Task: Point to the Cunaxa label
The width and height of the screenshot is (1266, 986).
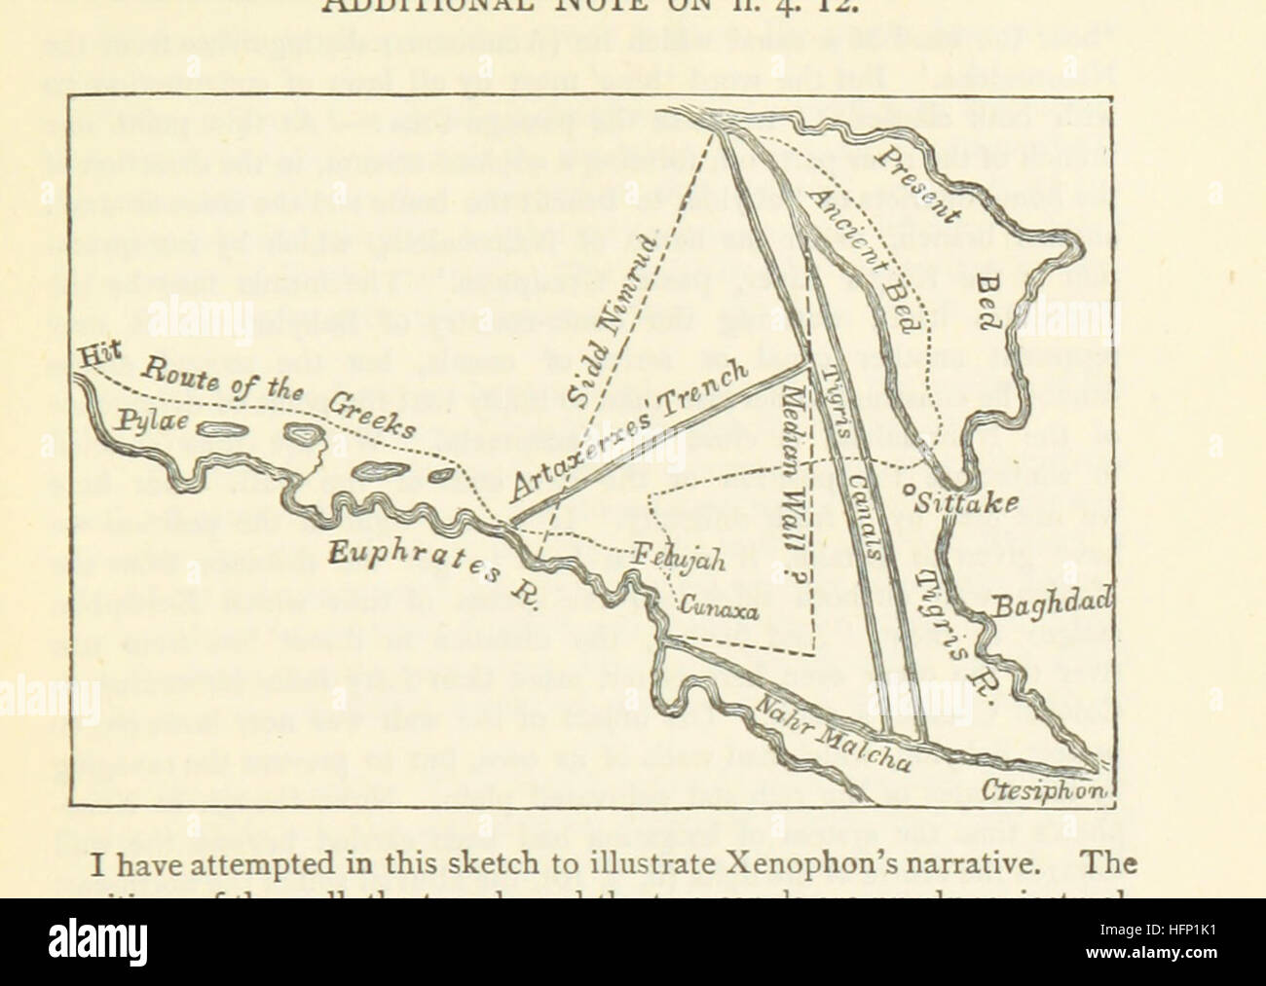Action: pyautogui.click(x=719, y=605)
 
